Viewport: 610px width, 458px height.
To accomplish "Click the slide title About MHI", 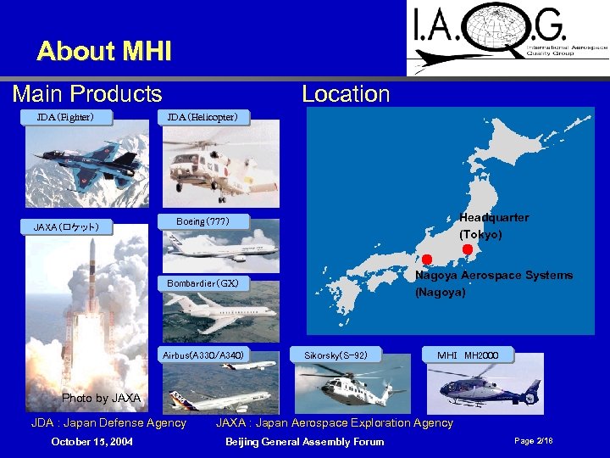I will click(x=104, y=52).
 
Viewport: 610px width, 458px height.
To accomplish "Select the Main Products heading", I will click(x=87, y=93).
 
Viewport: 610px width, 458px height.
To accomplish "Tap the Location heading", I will click(x=346, y=93).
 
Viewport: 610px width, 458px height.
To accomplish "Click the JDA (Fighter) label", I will click(x=65, y=117).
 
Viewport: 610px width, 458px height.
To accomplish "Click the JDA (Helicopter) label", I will click(x=202, y=117).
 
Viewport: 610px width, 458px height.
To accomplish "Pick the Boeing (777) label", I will click(x=202, y=221).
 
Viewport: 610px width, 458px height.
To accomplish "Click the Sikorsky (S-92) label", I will click(x=335, y=355).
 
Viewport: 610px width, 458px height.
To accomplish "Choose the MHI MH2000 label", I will click(x=468, y=355).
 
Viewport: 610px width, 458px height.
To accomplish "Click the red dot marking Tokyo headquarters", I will click(x=468, y=249).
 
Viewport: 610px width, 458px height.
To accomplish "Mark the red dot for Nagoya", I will click(x=427, y=259).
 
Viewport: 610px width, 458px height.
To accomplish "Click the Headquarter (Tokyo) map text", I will click(x=493, y=226).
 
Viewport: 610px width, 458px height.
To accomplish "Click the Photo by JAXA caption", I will click(x=102, y=398).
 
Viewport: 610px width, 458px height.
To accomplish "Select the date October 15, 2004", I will click(x=91, y=441).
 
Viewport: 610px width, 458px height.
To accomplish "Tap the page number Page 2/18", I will click(x=534, y=441).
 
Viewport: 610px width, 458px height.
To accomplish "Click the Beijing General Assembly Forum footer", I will click(x=304, y=441).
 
